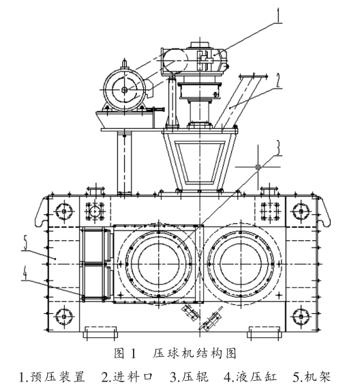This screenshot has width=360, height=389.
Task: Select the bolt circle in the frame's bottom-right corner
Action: tap(299, 317)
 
